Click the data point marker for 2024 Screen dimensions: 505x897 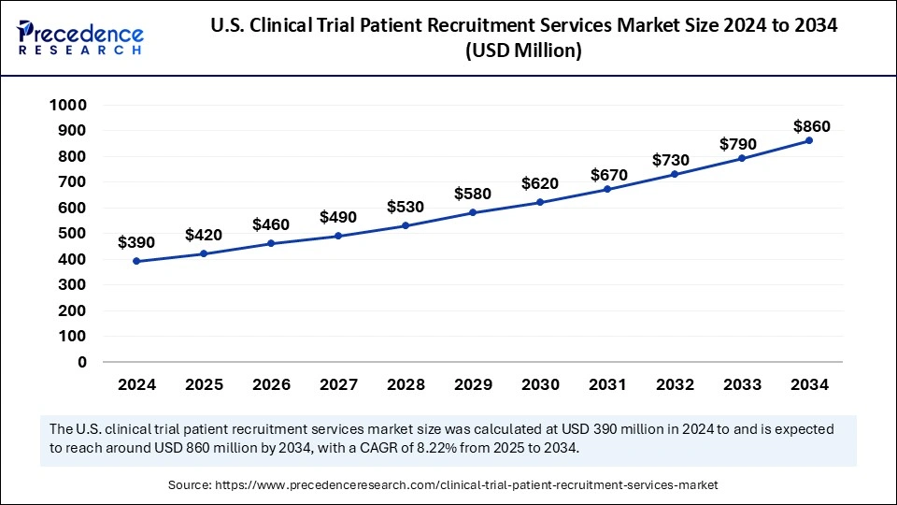(x=136, y=261)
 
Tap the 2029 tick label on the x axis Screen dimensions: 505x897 (x=473, y=384)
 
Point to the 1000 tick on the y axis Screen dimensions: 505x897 (x=67, y=106)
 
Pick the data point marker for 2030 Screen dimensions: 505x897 (x=540, y=202)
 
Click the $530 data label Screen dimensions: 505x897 (x=406, y=207)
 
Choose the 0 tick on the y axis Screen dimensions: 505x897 (x=82, y=362)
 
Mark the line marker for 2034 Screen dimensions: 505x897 (x=809, y=140)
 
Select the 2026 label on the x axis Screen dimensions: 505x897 (x=271, y=384)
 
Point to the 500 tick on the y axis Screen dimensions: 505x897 (x=73, y=234)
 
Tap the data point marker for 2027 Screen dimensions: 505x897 (x=338, y=236)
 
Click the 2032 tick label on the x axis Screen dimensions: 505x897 (x=675, y=384)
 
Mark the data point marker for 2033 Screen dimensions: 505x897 (x=742, y=158)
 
